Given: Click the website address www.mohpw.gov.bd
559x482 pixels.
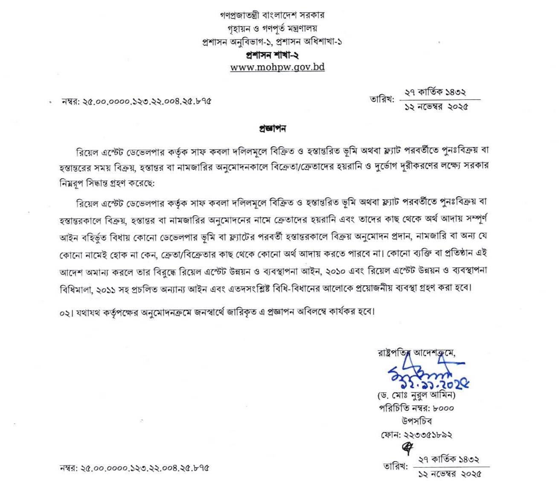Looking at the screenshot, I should [277, 67].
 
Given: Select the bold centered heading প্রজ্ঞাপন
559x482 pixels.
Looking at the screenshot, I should [272, 128].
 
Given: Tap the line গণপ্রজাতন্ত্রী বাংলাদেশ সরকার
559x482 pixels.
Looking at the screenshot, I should [272, 15].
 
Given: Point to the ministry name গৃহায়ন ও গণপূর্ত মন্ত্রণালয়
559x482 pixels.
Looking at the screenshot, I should [272, 29].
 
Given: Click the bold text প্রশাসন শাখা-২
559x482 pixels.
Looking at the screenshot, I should [272, 55].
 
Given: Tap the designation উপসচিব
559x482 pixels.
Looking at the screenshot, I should [416, 421].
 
